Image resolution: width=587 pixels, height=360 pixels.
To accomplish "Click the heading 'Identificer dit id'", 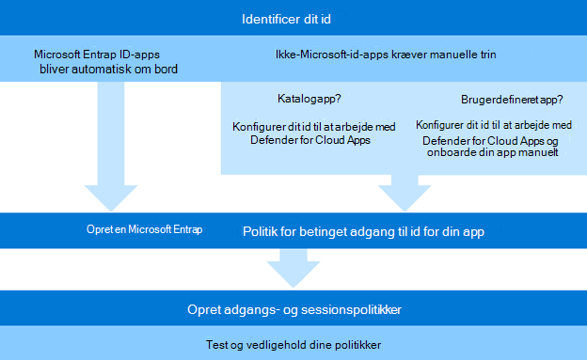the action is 293,19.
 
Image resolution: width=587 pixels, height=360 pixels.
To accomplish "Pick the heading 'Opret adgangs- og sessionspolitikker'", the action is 293,309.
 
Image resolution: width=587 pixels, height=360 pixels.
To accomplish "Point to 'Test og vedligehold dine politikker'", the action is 293,343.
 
